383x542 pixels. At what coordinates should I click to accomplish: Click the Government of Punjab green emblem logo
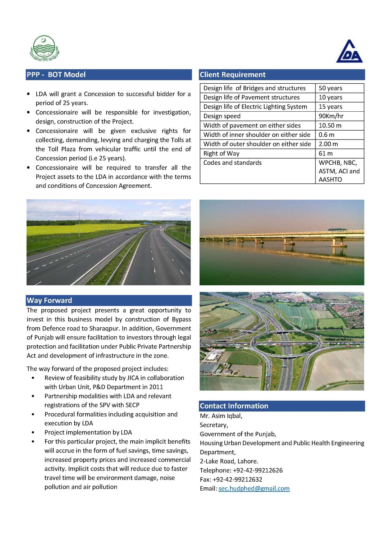(44, 48)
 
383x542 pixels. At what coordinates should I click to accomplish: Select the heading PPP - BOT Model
(56, 75)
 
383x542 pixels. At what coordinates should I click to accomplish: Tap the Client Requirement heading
(233, 75)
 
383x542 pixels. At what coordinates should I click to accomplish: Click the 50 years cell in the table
(330, 88)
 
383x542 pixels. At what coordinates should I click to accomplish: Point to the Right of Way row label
(221, 153)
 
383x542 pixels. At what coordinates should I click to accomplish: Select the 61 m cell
(326, 153)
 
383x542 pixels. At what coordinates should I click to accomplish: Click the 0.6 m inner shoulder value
(326, 135)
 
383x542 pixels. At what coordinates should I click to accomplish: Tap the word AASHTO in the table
(330, 179)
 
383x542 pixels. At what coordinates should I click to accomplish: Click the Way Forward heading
(49, 300)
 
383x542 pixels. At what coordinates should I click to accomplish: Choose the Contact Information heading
(234, 406)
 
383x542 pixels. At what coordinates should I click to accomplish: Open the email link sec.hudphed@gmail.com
(254, 489)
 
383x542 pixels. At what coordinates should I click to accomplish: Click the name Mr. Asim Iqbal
(221, 416)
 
